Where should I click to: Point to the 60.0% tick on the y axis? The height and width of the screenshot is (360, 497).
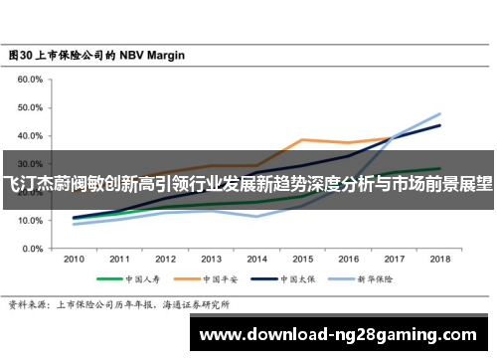click(30, 80)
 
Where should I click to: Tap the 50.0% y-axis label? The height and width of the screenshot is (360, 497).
click(30, 107)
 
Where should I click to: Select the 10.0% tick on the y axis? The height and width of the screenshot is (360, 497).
click(30, 221)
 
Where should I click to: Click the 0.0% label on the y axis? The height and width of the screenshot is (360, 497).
click(32, 249)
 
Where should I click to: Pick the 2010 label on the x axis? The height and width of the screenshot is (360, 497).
click(74, 258)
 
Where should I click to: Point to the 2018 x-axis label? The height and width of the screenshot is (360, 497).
click(438, 258)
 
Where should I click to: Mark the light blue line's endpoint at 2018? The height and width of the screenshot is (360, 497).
click(438, 113)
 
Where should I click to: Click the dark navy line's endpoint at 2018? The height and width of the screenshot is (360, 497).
click(438, 125)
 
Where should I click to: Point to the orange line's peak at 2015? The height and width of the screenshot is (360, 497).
click(302, 139)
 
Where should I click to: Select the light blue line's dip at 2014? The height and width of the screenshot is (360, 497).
click(256, 216)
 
